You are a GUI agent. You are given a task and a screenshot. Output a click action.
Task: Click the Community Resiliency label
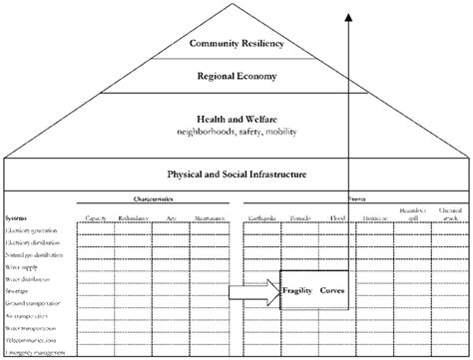[x=236, y=43]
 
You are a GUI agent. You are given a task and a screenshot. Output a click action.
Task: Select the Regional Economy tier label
[x=236, y=76]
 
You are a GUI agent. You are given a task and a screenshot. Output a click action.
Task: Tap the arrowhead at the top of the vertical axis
[x=348, y=15]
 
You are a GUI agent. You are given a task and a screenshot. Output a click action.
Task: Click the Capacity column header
[x=97, y=216]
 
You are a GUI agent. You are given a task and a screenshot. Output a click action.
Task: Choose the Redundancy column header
[x=133, y=216]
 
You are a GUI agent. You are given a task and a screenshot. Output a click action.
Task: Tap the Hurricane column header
[x=376, y=216]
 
